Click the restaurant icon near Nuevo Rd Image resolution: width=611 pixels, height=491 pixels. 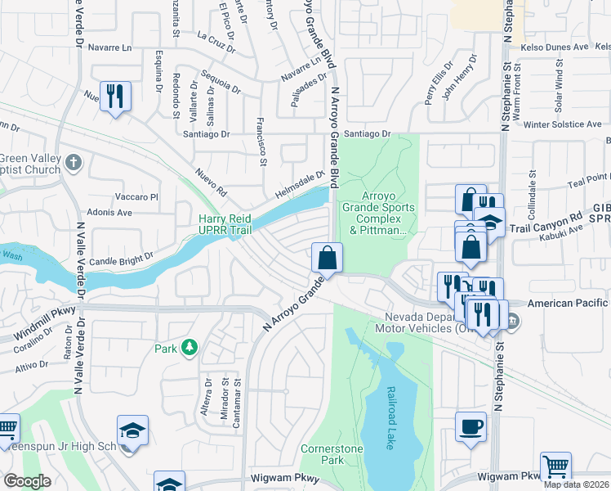[114, 96]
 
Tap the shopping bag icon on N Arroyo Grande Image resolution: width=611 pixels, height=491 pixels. [327, 258]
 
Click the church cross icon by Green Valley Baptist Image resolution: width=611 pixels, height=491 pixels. [74, 161]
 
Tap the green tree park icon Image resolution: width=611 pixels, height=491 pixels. [190, 348]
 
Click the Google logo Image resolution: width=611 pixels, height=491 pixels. [27, 481]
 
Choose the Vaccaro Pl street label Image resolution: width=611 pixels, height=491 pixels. [136, 196]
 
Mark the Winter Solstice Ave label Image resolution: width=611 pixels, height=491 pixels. [562, 124]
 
